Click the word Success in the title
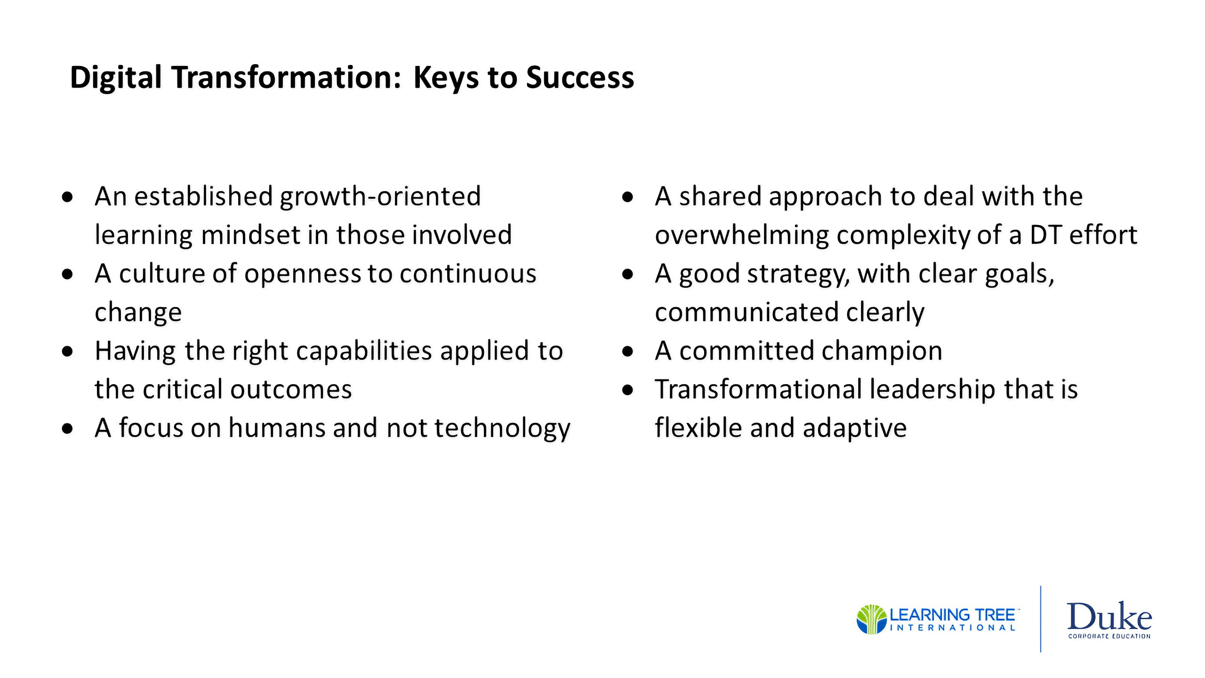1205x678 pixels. tap(580, 77)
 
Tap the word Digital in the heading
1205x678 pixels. tap(116, 78)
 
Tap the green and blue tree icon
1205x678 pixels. tap(872, 619)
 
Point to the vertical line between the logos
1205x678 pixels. tap(1040, 619)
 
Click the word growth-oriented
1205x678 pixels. tap(380, 197)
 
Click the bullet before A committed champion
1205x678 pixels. tap(627, 351)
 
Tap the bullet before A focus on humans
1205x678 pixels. tap(67, 428)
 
